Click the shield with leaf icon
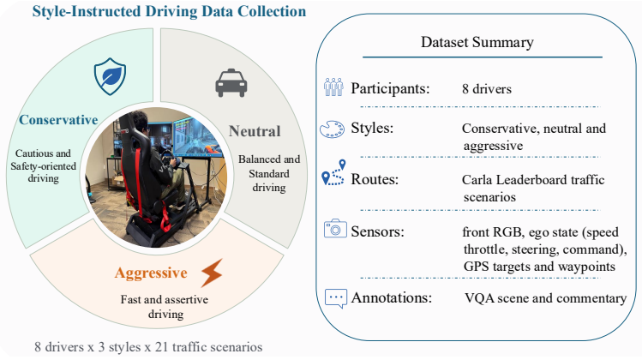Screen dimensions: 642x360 [110, 76]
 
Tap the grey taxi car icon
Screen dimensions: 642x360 [231, 83]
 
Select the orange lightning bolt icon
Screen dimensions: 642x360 [212, 273]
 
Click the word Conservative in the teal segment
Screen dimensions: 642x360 [58, 120]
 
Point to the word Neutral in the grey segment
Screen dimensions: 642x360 [255, 131]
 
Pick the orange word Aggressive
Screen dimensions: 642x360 [151, 273]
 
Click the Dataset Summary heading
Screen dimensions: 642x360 [477, 42]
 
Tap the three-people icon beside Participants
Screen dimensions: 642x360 [333, 87]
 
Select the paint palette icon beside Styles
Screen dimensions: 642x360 [332, 129]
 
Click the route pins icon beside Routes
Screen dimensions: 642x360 [333, 172]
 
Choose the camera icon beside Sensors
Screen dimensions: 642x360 [335, 229]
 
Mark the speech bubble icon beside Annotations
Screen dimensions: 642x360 [336, 298]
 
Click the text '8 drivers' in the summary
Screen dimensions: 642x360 [487, 89]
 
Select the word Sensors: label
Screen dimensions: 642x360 [377, 231]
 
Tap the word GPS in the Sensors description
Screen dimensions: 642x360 [477, 267]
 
